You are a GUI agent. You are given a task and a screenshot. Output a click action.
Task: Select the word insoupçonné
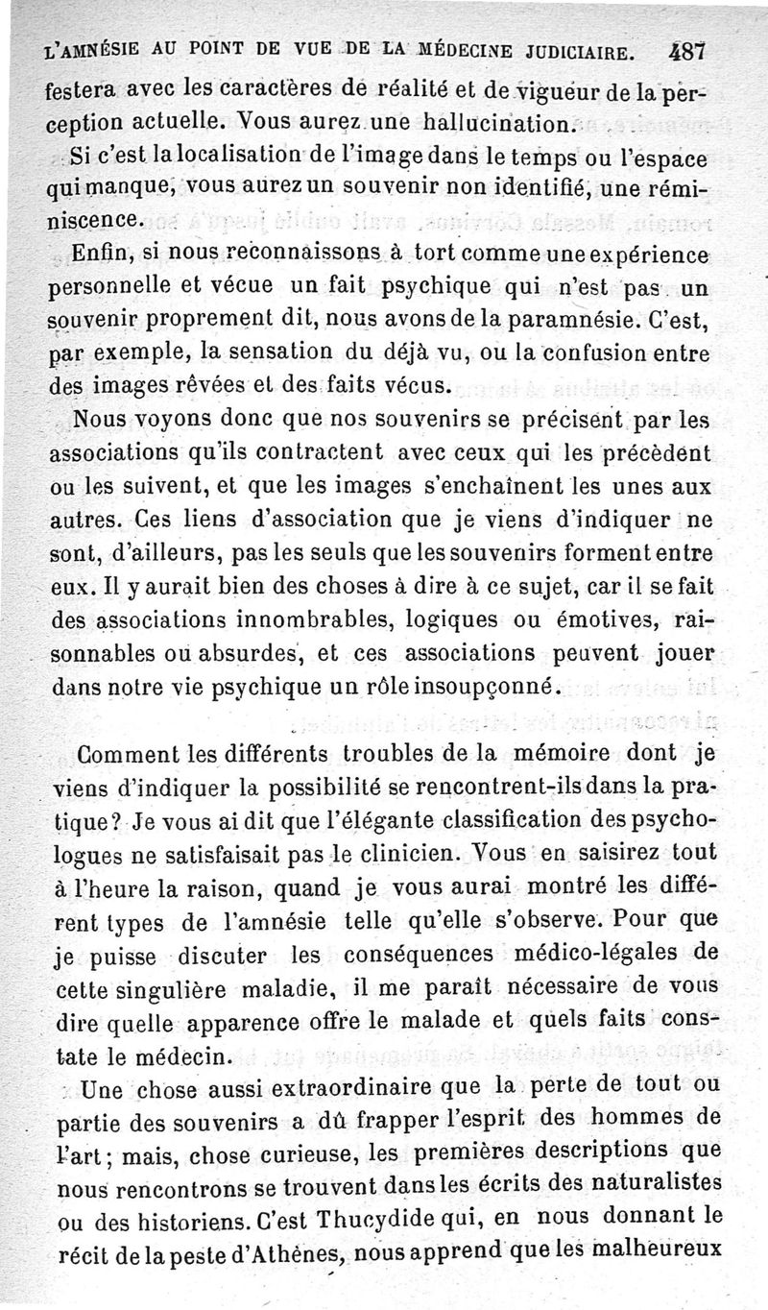[x=483, y=687]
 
